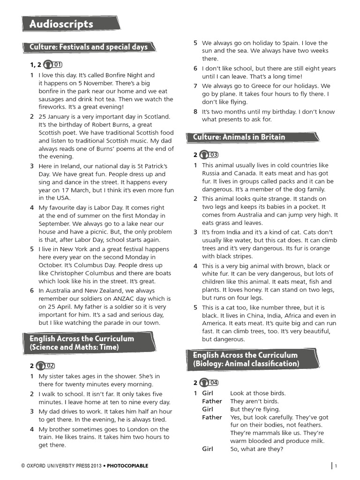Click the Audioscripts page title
(x=61, y=24)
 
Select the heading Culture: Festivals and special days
(x=88, y=47)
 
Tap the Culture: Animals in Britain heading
(x=239, y=137)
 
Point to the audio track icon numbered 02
(x=45, y=366)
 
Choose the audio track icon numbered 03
(x=209, y=155)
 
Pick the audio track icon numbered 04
(x=209, y=382)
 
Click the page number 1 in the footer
(x=336, y=465)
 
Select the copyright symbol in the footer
(x=23, y=466)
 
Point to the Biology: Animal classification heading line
(x=246, y=364)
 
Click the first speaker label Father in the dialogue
(x=212, y=401)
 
